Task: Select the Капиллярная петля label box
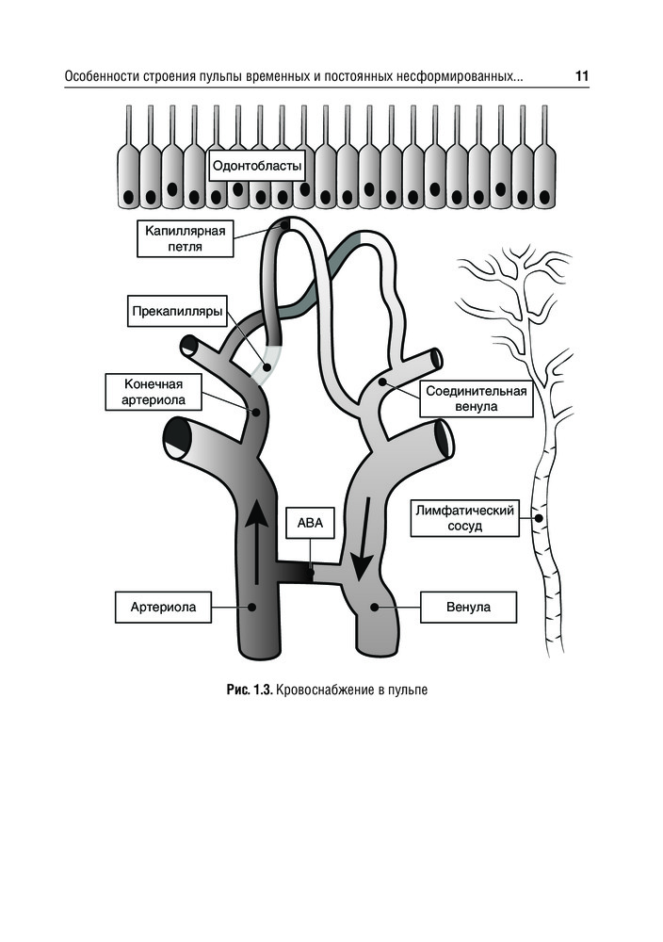[184, 238]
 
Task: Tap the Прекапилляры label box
[176, 311]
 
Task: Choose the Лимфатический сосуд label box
[464, 518]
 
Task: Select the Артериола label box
[155, 607]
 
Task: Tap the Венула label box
[468, 607]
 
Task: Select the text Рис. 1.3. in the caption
[250, 690]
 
